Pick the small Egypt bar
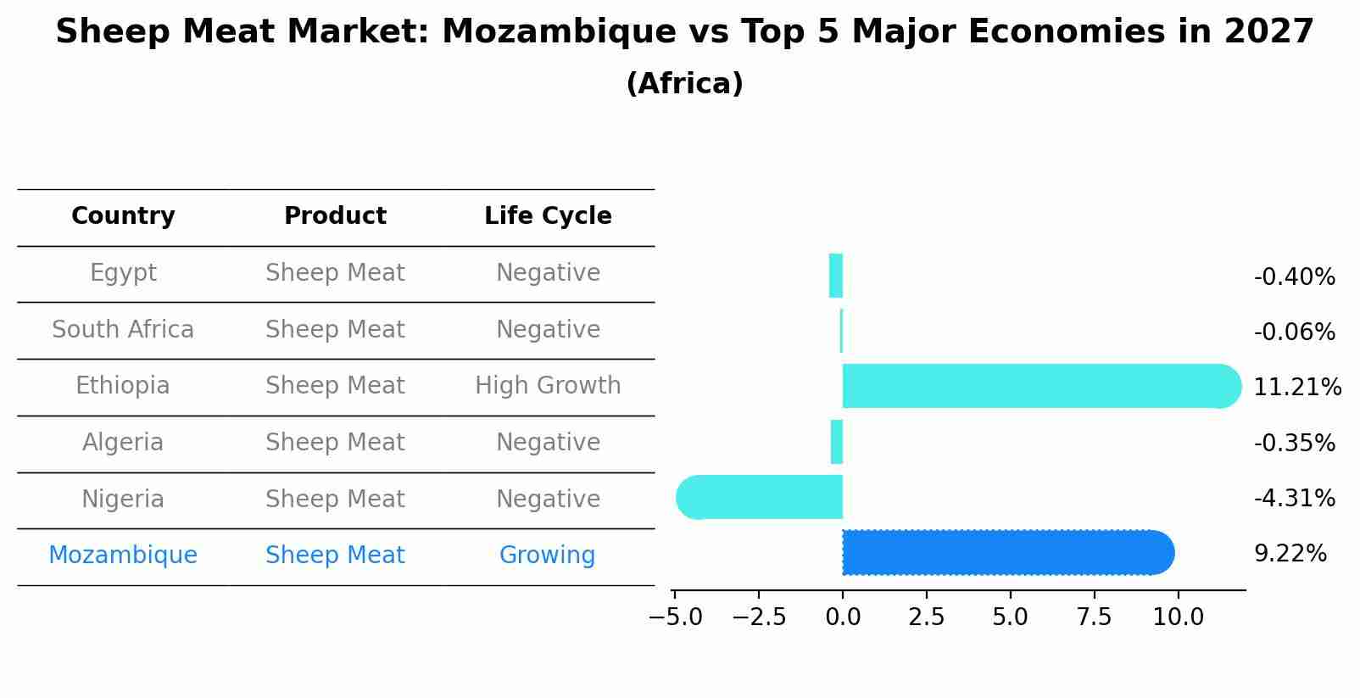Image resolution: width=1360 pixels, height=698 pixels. pyautogui.click(x=836, y=276)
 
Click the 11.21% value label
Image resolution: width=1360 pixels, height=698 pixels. pyautogui.click(x=1296, y=388)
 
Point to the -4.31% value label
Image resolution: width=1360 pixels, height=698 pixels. pyautogui.click(x=1294, y=499)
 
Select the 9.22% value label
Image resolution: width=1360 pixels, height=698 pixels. pyautogui.click(x=1290, y=554)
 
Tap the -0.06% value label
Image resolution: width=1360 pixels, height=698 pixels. pyautogui.click(x=1294, y=332)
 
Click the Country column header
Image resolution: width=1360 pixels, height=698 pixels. pyautogui.click(x=123, y=216)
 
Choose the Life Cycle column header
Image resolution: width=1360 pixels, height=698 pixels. pyautogui.click(x=548, y=216)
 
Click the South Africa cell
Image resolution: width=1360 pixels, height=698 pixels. pyautogui.click(x=123, y=329)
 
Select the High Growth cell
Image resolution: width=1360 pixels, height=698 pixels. pyautogui.click(x=548, y=386)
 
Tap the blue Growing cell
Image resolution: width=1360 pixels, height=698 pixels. pyautogui.click(x=547, y=556)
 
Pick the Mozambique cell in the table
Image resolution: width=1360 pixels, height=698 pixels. pyautogui.click(x=123, y=556)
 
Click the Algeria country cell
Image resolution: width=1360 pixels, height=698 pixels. pyautogui.click(x=123, y=443)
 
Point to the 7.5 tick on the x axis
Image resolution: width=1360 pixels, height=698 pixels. pyautogui.click(x=1094, y=617)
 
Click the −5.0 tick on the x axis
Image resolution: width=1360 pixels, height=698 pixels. pyautogui.click(x=675, y=617)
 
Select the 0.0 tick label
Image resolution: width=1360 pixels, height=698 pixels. pyautogui.click(x=843, y=617)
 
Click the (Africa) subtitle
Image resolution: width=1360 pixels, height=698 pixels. pyautogui.click(x=684, y=84)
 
